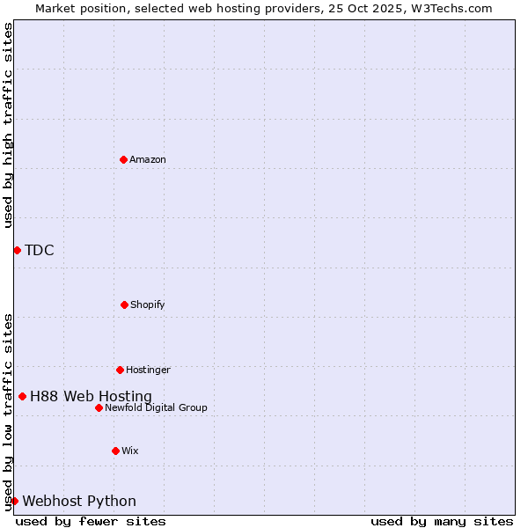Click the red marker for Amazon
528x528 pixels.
pos(123,159)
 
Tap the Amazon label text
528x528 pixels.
pos(148,159)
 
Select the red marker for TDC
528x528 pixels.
pos(17,250)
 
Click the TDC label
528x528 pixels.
pos(40,250)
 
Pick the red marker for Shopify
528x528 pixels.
pos(124,304)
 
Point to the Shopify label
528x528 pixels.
pos(148,304)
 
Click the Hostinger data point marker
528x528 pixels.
pos(120,370)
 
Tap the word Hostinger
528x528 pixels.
pos(148,370)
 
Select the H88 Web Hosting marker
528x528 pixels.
pos(22,396)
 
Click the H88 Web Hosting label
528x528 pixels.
pos(91,396)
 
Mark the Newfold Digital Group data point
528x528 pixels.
pos(99,407)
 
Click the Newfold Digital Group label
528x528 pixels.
pos(156,407)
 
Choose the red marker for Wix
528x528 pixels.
pos(115,451)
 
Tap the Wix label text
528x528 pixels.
pos(130,451)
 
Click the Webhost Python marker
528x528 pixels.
pos(14,501)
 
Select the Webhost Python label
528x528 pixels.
pos(79,501)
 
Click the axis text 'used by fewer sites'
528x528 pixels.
pos(91,521)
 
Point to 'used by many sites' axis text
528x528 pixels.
pos(442,521)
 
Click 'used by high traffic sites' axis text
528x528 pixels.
pos(8,125)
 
